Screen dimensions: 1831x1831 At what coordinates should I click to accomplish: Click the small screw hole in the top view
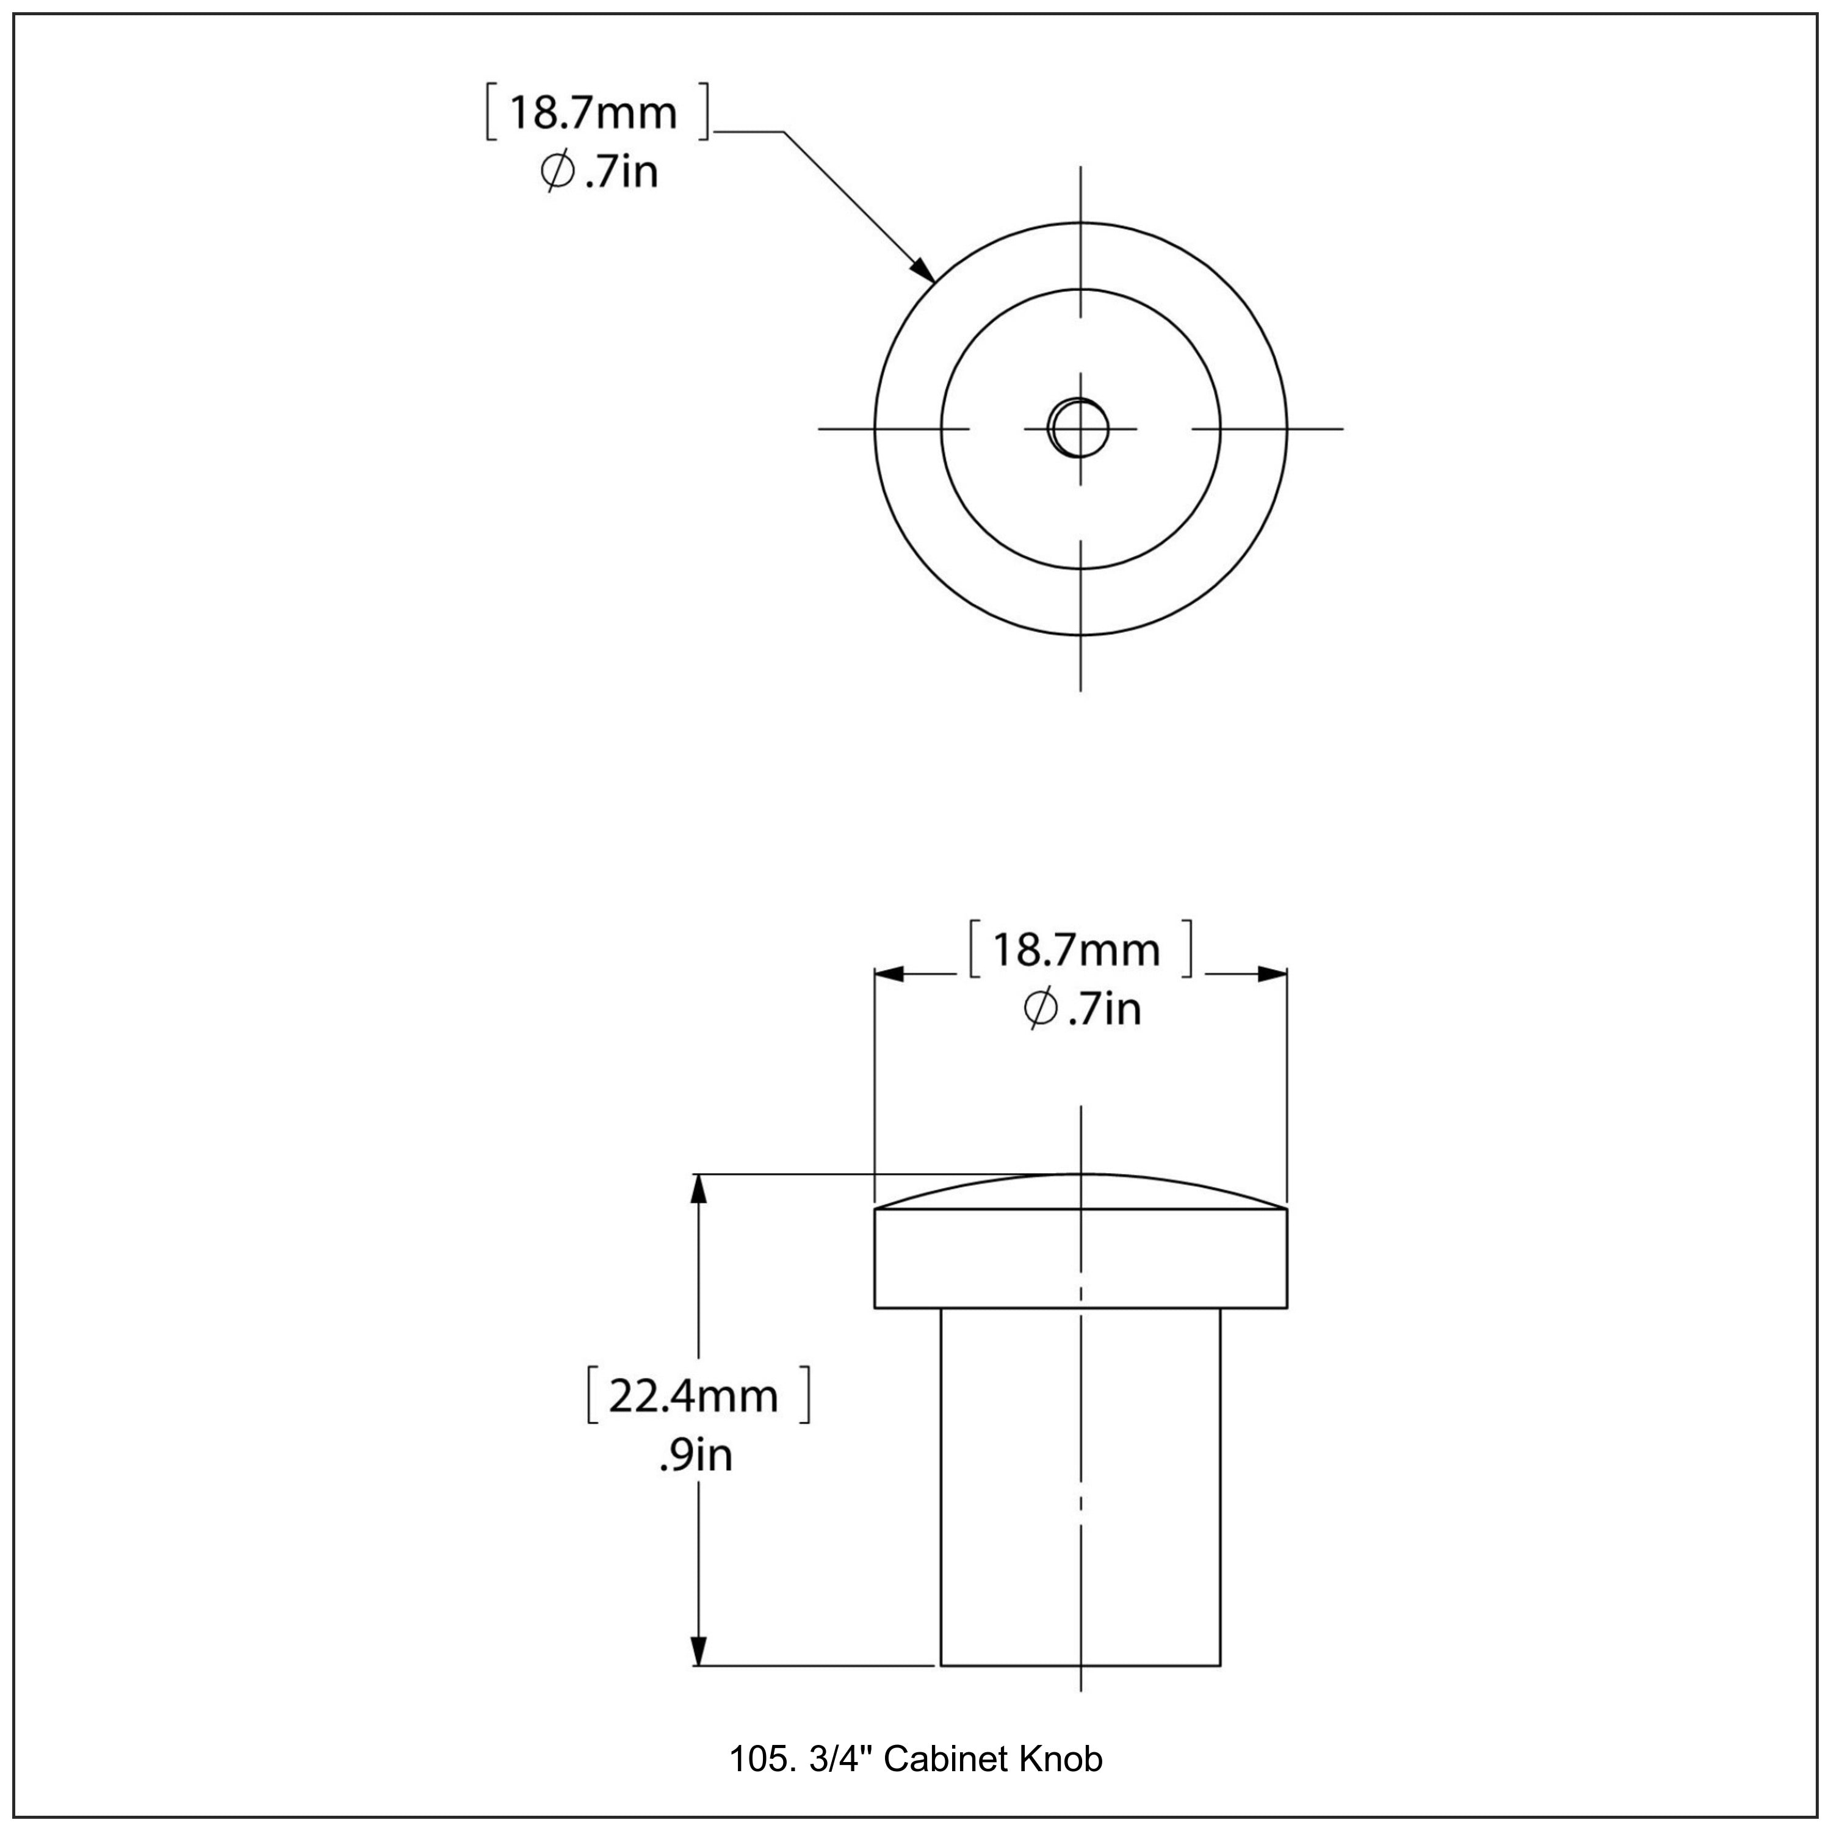(1080, 428)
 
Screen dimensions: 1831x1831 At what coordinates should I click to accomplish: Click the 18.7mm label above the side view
(1075, 950)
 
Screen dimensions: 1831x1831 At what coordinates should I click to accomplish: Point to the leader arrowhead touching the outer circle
(923, 270)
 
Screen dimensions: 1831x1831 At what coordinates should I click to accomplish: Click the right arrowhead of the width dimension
(1273, 974)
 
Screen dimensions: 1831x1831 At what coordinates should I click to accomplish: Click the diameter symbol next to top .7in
(557, 173)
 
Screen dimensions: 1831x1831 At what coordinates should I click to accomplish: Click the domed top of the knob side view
(1080, 1190)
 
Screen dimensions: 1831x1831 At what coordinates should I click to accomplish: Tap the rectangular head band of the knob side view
(1080, 1259)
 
